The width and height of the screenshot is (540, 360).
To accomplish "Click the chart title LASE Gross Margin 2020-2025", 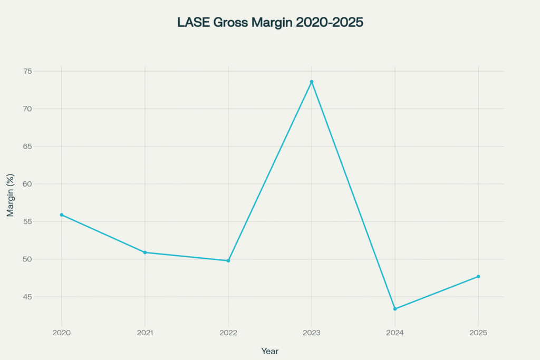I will [270, 23].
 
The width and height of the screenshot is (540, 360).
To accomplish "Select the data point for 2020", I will [62, 215].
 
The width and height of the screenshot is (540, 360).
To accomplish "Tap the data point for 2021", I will [145, 252].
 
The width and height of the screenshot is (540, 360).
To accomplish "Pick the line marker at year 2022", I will [228, 260].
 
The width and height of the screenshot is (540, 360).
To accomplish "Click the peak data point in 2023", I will [312, 82].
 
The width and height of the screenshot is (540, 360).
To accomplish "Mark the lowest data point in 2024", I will [395, 309].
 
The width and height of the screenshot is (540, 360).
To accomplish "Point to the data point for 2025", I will [478, 276].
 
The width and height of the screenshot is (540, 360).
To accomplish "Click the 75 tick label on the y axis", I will [42, 71].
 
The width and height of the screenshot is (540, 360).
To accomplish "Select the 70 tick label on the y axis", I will [42, 109].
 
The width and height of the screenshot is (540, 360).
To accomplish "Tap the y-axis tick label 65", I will [42, 147].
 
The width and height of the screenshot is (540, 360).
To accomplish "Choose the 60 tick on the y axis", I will [42, 184].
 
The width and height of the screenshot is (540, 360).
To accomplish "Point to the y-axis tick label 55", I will [42, 222].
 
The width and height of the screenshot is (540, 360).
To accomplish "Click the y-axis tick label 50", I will [42, 259].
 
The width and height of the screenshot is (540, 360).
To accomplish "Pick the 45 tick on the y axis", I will [42, 297].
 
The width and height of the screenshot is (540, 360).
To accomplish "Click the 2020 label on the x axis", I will [62, 333].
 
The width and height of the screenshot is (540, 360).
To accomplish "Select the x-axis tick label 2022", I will [228, 333].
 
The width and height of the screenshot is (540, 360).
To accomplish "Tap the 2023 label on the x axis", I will [312, 333].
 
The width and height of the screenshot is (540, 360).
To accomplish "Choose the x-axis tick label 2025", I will [478, 333].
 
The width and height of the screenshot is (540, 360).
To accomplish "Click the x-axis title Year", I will [270, 351].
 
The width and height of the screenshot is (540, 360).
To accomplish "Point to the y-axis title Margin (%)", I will [11, 195].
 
